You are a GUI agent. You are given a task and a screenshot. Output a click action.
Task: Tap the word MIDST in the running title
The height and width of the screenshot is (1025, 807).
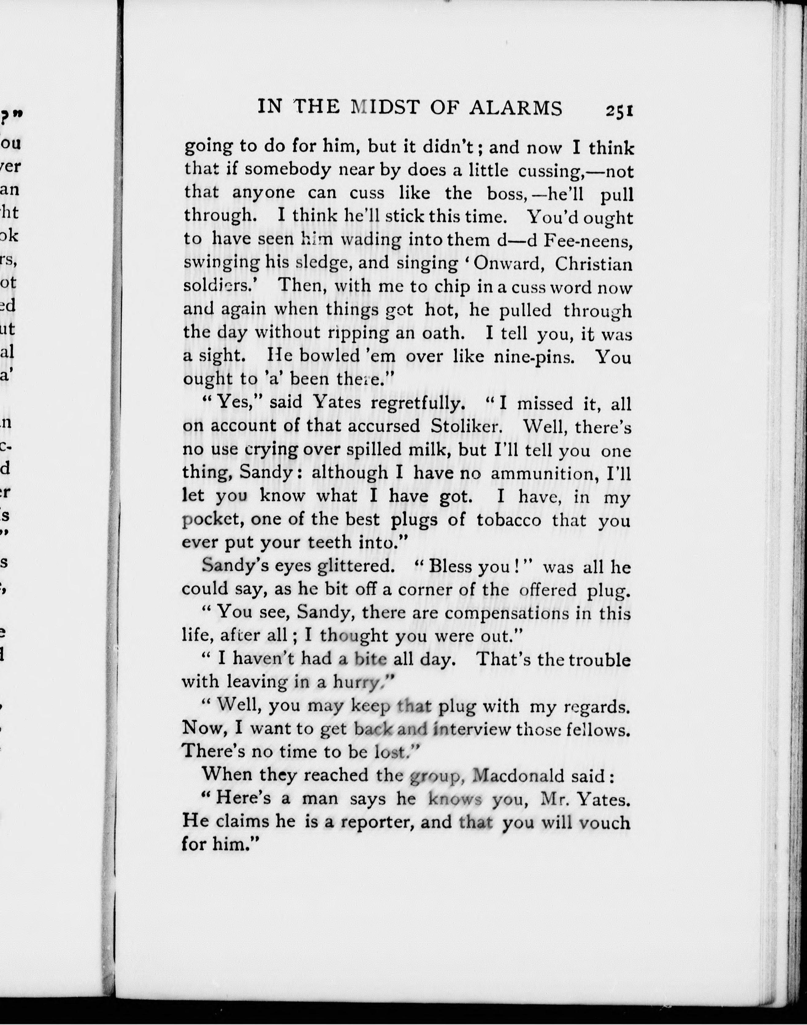tap(385, 108)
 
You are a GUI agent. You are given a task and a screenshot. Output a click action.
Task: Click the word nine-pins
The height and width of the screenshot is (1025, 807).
tap(534, 356)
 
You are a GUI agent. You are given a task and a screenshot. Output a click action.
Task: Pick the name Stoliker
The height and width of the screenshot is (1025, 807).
tap(465, 426)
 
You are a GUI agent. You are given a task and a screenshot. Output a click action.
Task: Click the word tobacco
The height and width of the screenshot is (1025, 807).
tap(508, 520)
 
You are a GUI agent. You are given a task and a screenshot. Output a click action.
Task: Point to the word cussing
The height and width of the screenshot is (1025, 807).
tap(549, 170)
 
